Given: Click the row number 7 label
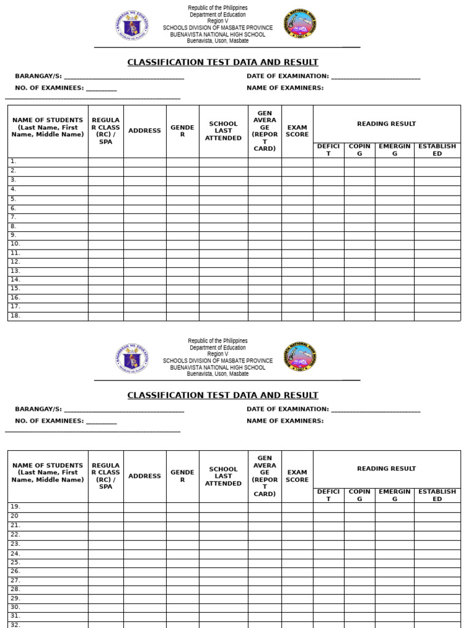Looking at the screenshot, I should (x=13, y=217).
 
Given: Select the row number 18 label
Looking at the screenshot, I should (x=15, y=316).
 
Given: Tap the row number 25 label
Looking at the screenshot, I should (x=15, y=562).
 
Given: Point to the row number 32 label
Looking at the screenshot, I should (x=15, y=624).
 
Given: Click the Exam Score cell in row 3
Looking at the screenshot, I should (x=297, y=180).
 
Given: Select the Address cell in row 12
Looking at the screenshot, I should (x=145, y=262).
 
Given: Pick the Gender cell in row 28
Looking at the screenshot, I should (x=182, y=589).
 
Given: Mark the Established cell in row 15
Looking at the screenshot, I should (x=437, y=289).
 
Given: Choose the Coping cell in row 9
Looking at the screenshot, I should (x=359, y=235).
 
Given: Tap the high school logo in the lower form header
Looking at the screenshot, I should (x=300, y=358).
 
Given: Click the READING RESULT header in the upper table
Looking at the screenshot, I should (x=386, y=124).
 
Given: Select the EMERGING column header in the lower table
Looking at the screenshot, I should (x=394, y=495).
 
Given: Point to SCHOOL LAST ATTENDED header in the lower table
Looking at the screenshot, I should (x=223, y=477).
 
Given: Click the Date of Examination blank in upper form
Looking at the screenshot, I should (x=375, y=77).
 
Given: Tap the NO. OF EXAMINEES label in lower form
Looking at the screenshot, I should (x=49, y=421).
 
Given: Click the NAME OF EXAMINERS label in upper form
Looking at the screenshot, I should (x=285, y=88).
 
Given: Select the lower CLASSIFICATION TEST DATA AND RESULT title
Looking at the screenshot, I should (x=223, y=396).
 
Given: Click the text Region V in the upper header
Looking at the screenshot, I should (x=218, y=21).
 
